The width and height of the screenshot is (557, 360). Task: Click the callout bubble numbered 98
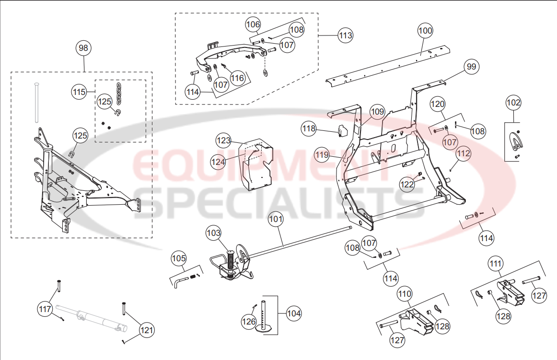pos(84,48)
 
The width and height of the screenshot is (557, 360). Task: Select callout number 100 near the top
pos(425,31)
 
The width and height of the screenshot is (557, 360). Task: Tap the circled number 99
pos(472,67)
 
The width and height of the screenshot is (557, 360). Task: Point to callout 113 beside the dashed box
pos(345,35)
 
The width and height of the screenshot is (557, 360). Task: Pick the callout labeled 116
pos(237,78)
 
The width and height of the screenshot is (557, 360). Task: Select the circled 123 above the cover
pos(223,140)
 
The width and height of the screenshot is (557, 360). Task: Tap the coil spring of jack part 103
pos(231,261)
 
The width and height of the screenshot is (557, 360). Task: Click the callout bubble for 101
pos(275,220)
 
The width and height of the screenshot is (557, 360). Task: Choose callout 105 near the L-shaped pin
pos(179,258)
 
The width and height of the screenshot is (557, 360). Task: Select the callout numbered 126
pos(249,322)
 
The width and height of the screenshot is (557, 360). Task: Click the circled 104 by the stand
pos(293,314)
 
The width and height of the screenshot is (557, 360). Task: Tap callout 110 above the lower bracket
pos(405,292)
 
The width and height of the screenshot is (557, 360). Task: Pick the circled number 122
pos(407,185)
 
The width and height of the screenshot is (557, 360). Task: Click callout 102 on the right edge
pos(513,103)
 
